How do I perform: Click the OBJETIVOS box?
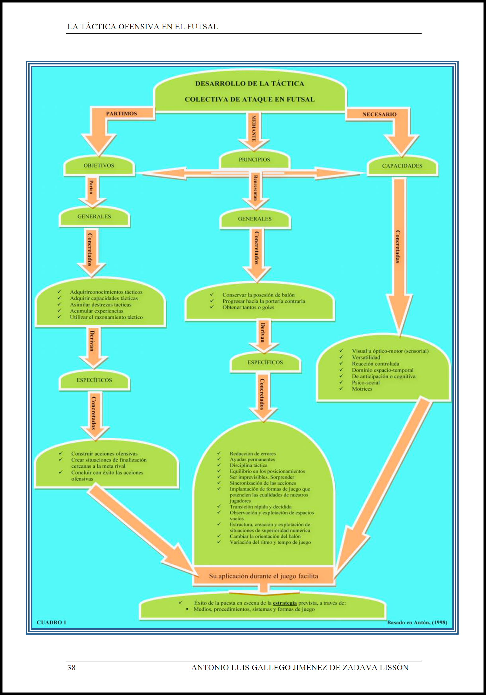(x=99, y=166)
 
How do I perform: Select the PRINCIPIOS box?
(x=254, y=160)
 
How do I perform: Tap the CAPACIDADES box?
(x=402, y=166)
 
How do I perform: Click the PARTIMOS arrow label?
(x=121, y=114)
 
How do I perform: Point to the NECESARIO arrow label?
(x=379, y=114)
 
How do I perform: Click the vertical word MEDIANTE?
(x=254, y=128)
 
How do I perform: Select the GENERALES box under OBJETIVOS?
(x=94, y=217)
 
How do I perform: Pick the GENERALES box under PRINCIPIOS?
(x=255, y=219)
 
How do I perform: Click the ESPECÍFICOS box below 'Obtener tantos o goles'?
(x=265, y=362)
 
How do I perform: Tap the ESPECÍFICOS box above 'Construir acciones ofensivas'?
(x=94, y=380)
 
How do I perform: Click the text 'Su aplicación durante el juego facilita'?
(x=264, y=576)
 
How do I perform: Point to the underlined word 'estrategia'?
(x=285, y=603)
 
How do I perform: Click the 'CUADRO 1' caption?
(x=51, y=622)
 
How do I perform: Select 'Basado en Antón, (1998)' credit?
(x=417, y=622)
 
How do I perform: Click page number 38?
(x=72, y=668)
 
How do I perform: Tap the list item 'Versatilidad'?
(x=366, y=357)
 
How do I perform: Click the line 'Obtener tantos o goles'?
(x=248, y=308)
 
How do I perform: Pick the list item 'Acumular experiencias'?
(x=96, y=311)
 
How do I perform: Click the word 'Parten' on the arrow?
(x=91, y=187)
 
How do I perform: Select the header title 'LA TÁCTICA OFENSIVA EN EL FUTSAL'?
(x=143, y=27)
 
